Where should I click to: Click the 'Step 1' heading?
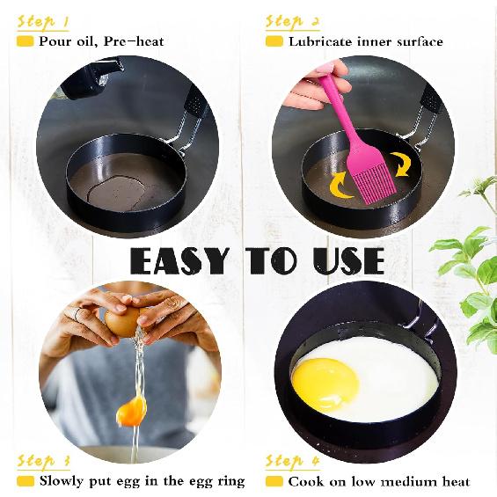coord(43,20)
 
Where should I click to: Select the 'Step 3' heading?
coord(43,461)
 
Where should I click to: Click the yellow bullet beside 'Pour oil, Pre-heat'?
coord(26,41)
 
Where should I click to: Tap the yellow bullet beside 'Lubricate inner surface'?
coord(274,41)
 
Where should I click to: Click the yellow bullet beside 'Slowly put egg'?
coord(26,481)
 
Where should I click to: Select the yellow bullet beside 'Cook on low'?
coord(274,481)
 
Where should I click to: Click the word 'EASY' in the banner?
coord(179,261)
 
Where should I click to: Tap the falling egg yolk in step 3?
coord(131,410)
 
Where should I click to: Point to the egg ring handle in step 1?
coord(189,119)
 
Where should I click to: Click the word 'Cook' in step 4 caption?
coord(305,481)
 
